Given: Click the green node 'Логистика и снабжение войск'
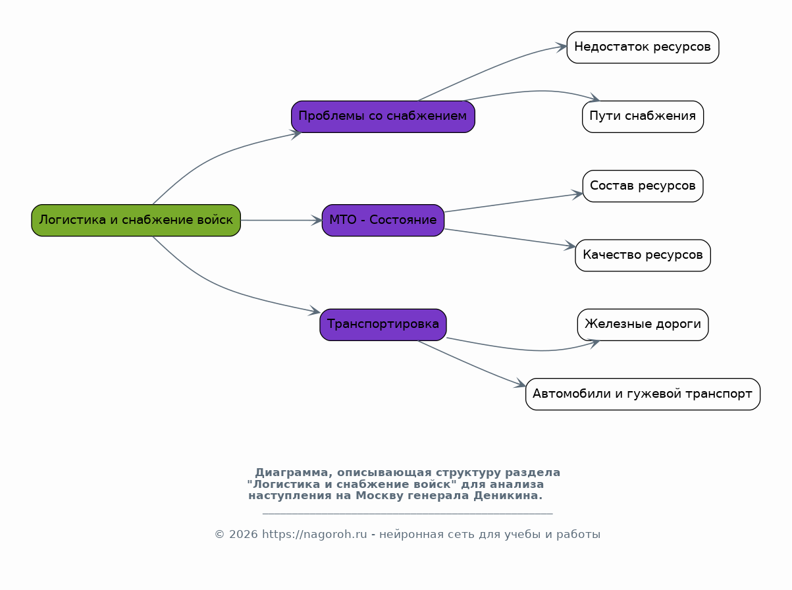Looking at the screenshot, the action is tap(136, 221).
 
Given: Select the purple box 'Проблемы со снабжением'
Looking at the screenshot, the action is tap(383, 117).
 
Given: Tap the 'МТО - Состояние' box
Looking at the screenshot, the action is tap(383, 221).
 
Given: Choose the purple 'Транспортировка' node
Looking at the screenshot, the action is tap(383, 325).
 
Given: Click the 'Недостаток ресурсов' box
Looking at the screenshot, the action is tap(643, 47).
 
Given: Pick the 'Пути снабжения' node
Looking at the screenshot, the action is tap(643, 117).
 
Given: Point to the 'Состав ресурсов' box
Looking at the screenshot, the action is tap(643, 186).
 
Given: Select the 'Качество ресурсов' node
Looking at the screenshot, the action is tap(643, 255).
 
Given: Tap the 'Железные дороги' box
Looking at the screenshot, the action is tap(643, 325).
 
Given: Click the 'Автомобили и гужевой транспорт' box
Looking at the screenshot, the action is tap(643, 394).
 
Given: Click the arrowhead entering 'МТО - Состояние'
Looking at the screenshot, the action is tap(317, 221).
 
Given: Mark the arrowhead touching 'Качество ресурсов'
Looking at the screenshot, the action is tap(570, 246).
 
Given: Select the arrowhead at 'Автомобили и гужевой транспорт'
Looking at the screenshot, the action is tap(520, 384).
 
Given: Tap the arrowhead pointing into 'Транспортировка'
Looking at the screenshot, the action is tap(315, 311).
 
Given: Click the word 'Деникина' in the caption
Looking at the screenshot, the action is tap(508, 496).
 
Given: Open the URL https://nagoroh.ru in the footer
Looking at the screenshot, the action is tap(314, 535).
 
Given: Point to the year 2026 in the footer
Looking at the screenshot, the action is tap(243, 535).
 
